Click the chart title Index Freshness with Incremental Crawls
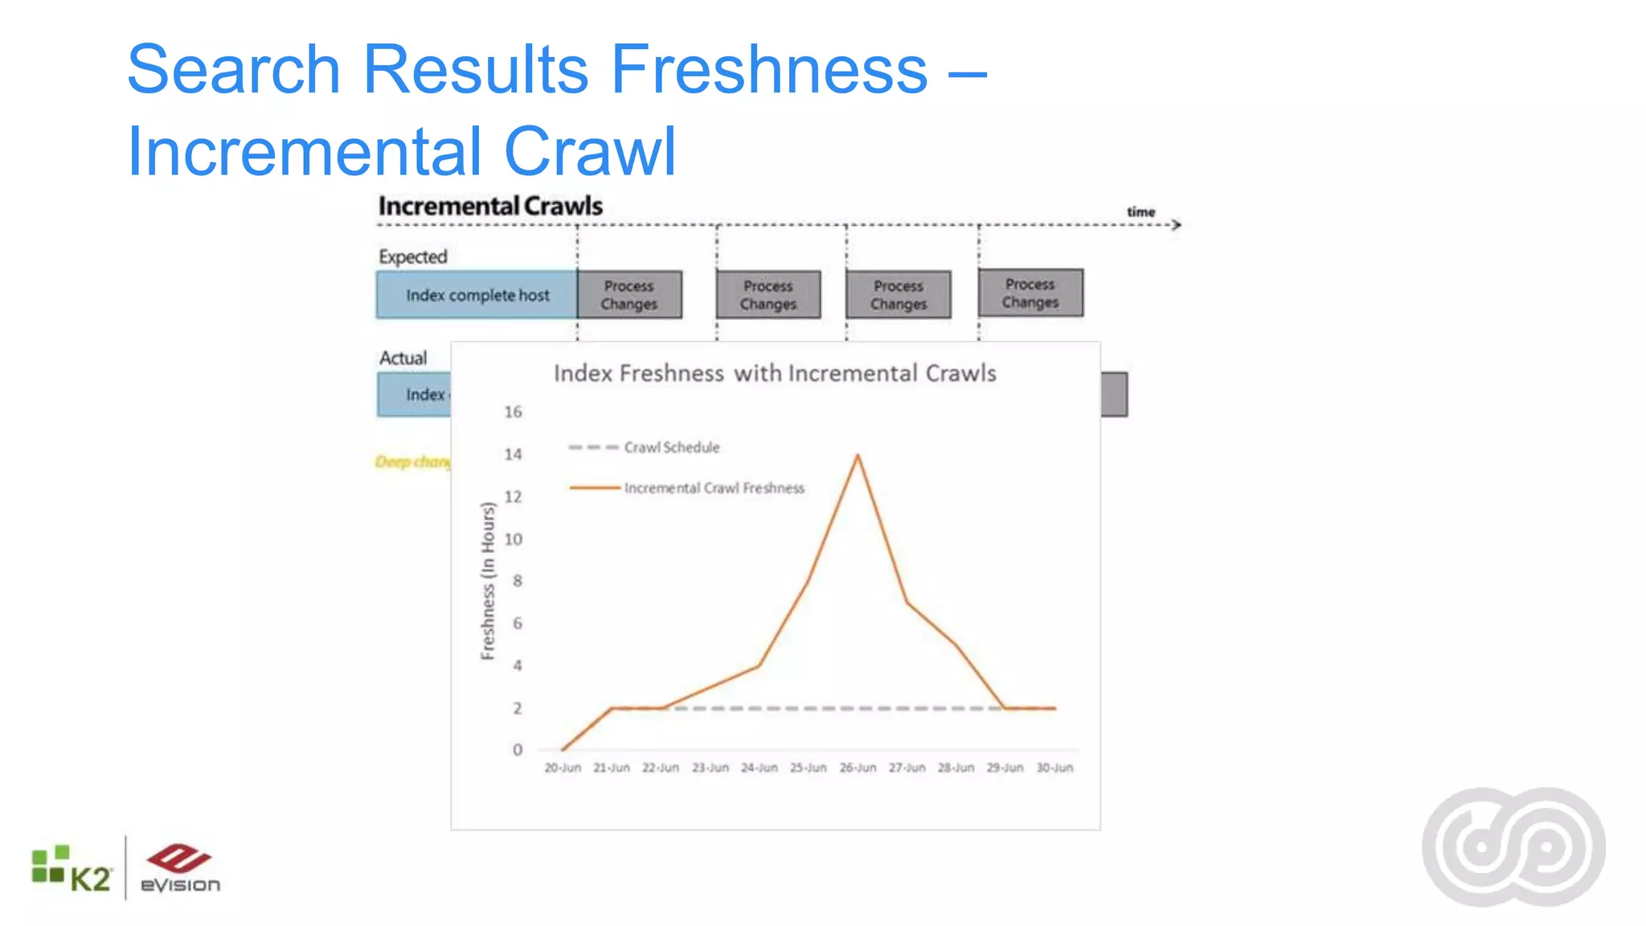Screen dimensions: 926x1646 point(775,374)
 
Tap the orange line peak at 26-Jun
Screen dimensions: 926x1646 point(858,456)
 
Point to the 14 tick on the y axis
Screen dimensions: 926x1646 point(513,454)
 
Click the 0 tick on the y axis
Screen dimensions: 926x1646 point(517,750)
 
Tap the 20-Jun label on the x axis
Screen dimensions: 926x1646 point(562,768)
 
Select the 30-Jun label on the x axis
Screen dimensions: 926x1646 point(1054,768)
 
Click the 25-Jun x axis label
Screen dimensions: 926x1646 point(808,768)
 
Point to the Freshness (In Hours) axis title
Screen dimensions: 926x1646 point(487,580)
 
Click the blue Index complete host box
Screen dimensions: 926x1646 point(477,295)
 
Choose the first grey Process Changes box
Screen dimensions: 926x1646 point(629,295)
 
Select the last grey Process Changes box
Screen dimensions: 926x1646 point(1030,293)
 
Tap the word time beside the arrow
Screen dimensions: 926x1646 point(1140,212)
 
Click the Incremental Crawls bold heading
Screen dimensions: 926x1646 point(490,207)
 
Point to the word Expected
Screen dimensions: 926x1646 point(413,257)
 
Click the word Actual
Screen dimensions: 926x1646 point(403,359)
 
